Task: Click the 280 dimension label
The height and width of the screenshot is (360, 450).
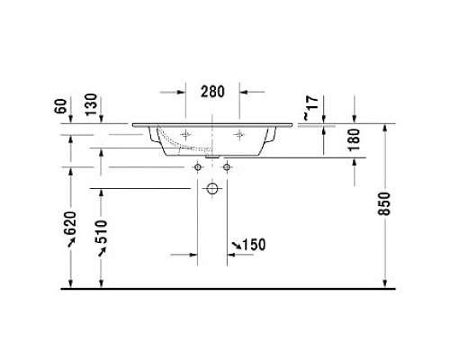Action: pos(212,92)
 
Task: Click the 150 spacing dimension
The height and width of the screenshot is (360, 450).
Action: pos(255,246)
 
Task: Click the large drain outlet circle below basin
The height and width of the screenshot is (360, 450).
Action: pos(212,189)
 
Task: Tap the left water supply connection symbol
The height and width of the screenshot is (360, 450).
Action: pos(198,167)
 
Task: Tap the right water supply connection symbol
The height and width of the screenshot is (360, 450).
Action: pos(226,167)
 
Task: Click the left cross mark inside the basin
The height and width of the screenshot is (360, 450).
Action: pos(185,135)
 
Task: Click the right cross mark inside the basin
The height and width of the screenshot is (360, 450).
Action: pos(239,135)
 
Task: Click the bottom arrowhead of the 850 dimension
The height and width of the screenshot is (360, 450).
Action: pos(387,283)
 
